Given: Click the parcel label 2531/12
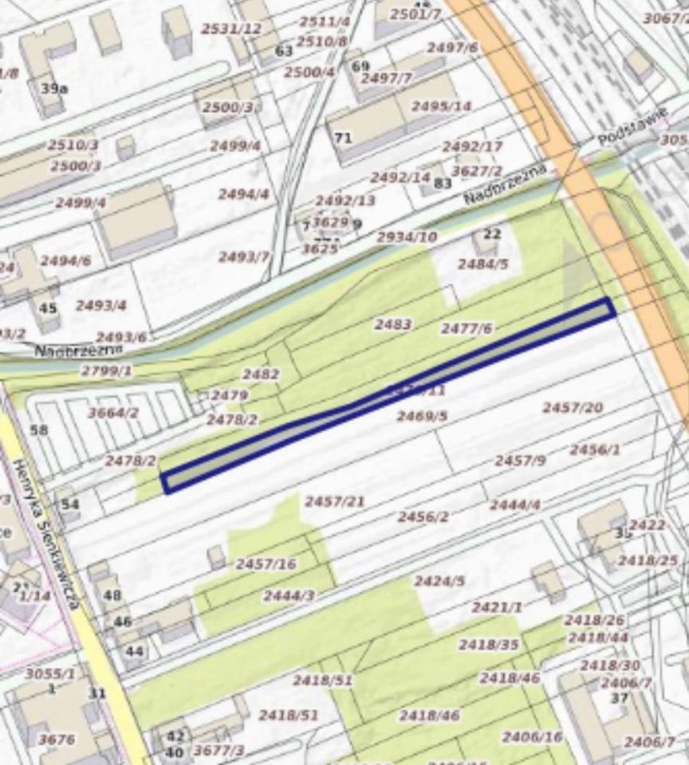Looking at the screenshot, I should pos(231,29).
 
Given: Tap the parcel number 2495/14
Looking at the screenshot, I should pos(441,106).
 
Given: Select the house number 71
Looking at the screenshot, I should pos(343,138).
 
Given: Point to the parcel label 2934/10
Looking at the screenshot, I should pos(407,237).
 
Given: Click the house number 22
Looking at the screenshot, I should pos(492,233).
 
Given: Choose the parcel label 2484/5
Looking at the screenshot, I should pos(482,264).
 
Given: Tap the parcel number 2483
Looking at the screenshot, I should pos(393,324).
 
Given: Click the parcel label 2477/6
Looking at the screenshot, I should pos(467,328).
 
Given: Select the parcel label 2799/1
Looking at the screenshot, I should pos(106,371).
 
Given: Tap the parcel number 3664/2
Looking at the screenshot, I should pos(113,412).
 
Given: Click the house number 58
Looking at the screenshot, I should pos(38,430).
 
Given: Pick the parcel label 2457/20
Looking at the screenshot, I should pos(573,407).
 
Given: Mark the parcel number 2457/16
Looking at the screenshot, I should pos(266,563).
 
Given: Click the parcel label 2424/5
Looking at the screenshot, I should pos(439,581).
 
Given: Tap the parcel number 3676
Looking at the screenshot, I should pos(57,739).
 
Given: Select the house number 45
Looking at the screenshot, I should pos(48,307).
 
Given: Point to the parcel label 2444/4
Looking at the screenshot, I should pos(515,504).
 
